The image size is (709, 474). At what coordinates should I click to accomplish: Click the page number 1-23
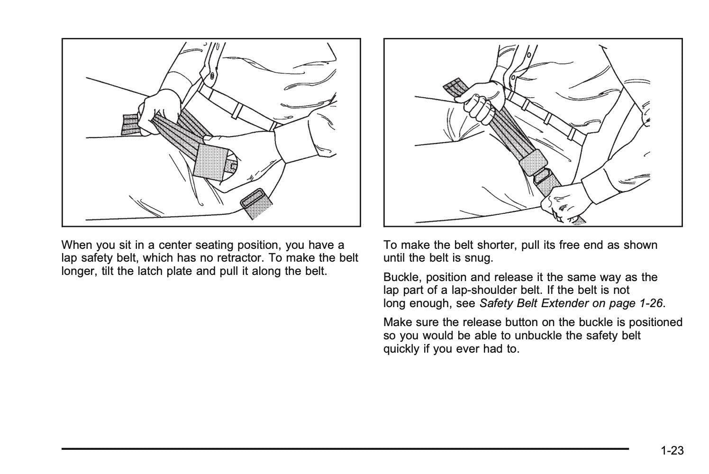tap(673, 450)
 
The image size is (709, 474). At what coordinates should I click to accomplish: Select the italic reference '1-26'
tap(651, 303)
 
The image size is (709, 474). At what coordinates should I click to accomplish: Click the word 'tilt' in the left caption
tap(108, 271)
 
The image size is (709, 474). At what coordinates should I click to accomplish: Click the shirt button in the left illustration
tap(212, 75)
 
